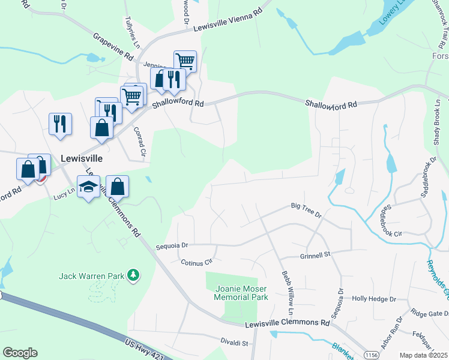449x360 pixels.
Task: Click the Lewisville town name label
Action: click(82, 158)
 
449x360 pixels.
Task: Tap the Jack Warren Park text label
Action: click(91, 276)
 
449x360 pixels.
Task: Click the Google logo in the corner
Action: click(20, 353)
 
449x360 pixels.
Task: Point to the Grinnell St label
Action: click(315, 255)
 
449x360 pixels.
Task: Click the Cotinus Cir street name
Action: click(197, 262)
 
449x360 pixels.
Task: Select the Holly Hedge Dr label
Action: click(374, 298)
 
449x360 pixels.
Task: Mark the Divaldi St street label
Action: click(234, 343)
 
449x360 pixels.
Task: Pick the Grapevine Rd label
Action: click(113, 45)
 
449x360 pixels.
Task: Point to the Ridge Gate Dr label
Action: click(429, 313)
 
